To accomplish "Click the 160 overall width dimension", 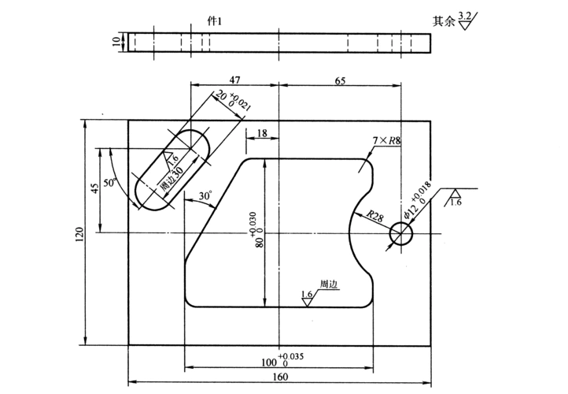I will click(x=280, y=377).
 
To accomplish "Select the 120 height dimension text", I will click(x=79, y=234).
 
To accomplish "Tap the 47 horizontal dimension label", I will click(x=234, y=80).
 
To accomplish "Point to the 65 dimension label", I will click(x=340, y=80).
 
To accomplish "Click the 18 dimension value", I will click(x=262, y=134).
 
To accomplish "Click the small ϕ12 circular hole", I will click(x=401, y=233).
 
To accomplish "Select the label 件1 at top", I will click(x=215, y=21).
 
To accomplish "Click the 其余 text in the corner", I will click(x=444, y=21).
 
